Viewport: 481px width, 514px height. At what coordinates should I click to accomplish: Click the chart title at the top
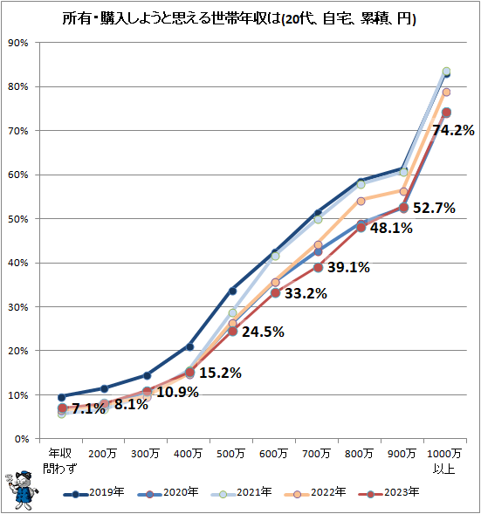point(239,18)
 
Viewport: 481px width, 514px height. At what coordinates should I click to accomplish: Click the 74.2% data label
point(453,130)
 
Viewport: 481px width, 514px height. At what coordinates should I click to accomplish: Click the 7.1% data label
point(88,408)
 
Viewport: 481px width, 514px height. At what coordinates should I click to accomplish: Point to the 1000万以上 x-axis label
point(446,460)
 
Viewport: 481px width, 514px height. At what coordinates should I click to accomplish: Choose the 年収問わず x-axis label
point(61,460)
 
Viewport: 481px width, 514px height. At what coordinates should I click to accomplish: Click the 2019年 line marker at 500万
point(232,291)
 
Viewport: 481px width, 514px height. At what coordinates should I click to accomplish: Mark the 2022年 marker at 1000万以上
point(446,92)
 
